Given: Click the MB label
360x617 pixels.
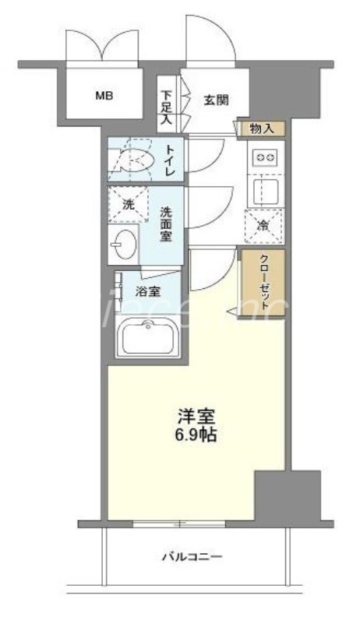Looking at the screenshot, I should tap(104, 97).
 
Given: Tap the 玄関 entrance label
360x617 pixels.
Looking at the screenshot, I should tap(217, 99).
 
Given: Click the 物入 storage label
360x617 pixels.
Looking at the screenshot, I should tap(263, 128).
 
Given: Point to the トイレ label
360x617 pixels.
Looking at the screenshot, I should tap(171, 158).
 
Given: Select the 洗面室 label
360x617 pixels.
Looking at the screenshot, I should tap(167, 223).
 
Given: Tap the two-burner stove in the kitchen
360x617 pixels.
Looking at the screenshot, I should tap(265, 158).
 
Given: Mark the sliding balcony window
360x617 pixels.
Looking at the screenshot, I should tap(178, 523).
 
